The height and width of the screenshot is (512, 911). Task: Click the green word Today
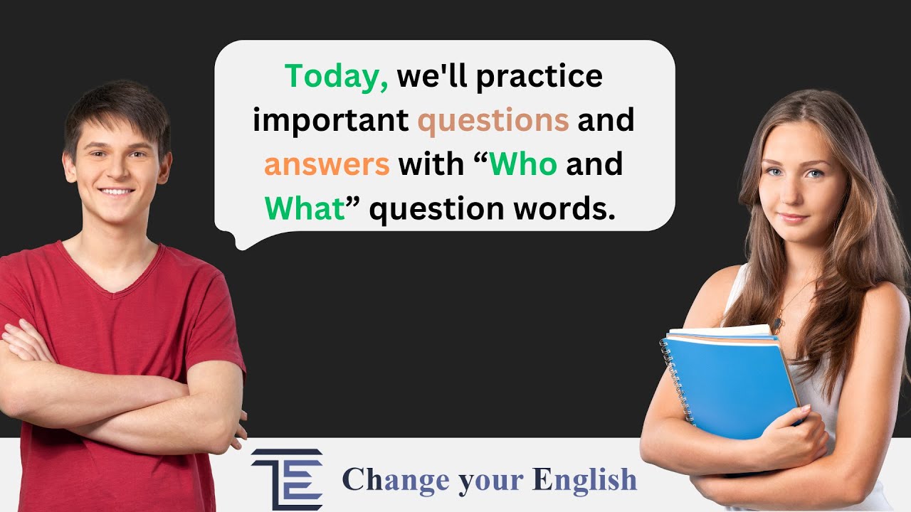[337, 76]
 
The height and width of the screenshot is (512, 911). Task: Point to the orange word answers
[327, 165]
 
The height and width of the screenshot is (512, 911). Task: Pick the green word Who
[523, 165]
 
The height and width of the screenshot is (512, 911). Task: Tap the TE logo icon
[287, 479]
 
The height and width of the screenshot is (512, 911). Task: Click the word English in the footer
[584, 479]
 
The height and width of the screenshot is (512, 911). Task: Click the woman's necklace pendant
[778, 326]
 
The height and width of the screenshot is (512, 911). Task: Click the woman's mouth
[793, 218]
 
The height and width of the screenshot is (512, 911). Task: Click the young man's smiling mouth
[116, 192]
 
